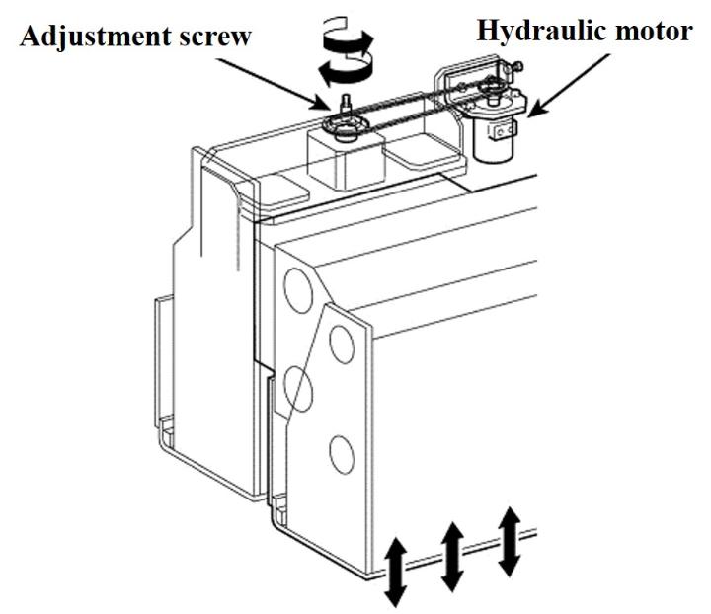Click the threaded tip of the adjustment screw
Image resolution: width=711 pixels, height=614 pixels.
[x=347, y=101]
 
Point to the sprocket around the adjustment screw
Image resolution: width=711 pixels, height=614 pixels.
[x=346, y=124]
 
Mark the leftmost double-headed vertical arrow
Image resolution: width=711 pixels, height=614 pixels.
[x=394, y=572]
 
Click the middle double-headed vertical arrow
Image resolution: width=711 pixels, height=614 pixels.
[x=452, y=557]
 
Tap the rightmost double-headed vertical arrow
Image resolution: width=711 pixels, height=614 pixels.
[x=509, y=540]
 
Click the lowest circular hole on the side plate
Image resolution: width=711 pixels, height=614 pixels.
[x=341, y=453]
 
